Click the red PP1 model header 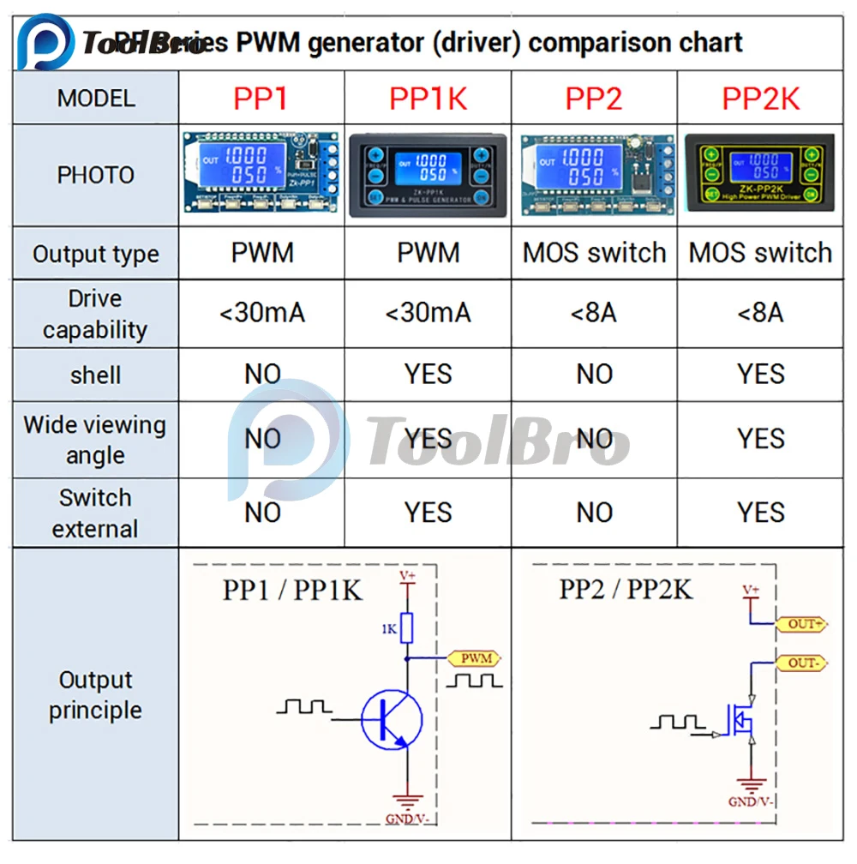tap(261, 99)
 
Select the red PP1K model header tap(428, 99)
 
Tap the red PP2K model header tap(761, 99)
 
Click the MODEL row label tap(96, 99)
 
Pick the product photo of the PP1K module tap(428, 176)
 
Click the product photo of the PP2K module tap(761, 176)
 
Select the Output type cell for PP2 tap(594, 253)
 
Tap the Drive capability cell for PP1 tap(261, 313)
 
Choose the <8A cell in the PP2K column tap(761, 313)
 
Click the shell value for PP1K tap(428, 375)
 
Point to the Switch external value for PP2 tap(594, 513)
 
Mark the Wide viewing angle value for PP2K tap(761, 439)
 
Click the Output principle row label tap(95, 695)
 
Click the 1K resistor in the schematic tap(408, 628)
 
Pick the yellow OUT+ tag tap(804, 624)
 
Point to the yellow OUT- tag tap(804, 663)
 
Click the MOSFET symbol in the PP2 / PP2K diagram tap(742, 722)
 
